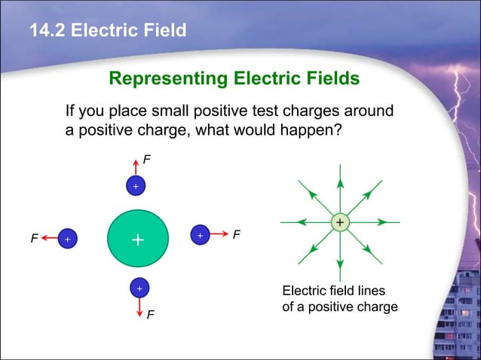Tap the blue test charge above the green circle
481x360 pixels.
point(136,185)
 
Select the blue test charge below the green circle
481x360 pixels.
point(139,288)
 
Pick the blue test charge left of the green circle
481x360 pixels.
point(67,239)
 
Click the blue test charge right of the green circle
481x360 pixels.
point(200,235)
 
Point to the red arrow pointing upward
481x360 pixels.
point(136,167)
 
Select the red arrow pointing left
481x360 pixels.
point(49,238)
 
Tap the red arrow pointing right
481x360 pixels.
point(219,235)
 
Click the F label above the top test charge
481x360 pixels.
point(148,159)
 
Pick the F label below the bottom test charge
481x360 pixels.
point(151,314)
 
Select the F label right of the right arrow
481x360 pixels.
point(237,235)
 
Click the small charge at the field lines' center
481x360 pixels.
point(340,222)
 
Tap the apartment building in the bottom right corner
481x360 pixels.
point(455,316)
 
